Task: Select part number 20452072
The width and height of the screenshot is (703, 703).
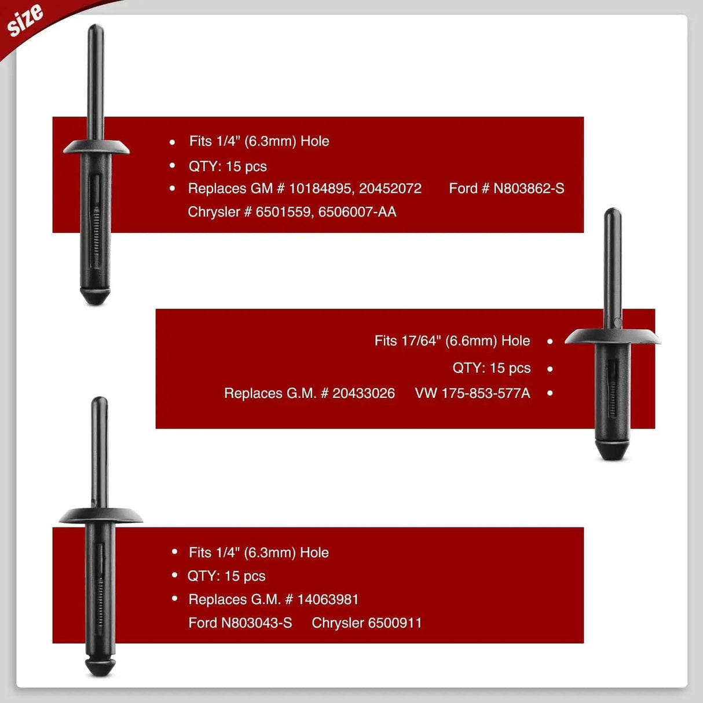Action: tap(390, 189)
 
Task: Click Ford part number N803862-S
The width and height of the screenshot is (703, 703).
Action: tap(529, 189)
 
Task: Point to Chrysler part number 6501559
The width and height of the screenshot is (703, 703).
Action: tap(284, 212)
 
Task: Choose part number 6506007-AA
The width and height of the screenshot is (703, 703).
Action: tap(357, 212)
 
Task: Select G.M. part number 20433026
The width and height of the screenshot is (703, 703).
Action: tap(363, 393)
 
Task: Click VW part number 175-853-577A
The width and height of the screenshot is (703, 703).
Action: tap(486, 393)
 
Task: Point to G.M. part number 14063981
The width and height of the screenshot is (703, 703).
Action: tap(328, 599)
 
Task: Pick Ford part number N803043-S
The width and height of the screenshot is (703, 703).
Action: tap(257, 623)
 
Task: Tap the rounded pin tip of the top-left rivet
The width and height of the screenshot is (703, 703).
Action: tap(96, 28)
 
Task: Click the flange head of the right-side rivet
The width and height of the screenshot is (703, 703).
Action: tap(613, 336)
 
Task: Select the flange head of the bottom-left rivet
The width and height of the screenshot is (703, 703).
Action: tap(101, 515)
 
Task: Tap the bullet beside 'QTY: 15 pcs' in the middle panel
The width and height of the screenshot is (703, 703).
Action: tap(550, 369)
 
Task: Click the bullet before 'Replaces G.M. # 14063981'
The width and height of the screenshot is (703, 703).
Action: tap(174, 599)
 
